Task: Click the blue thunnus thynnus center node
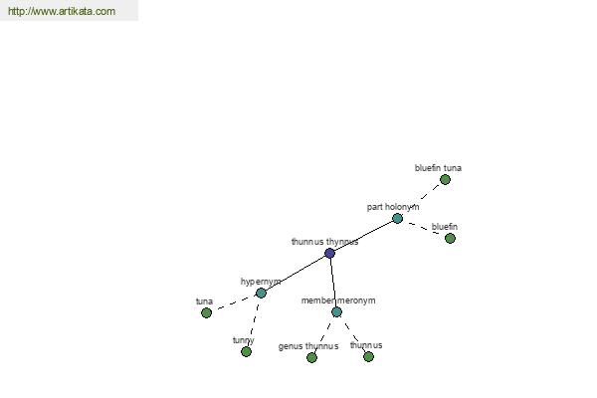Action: pyautogui.click(x=329, y=253)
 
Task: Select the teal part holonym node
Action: pyautogui.click(x=397, y=218)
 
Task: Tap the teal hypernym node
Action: pyautogui.click(x=261, y=293)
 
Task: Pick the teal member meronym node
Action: pyautogui.click(x=336, y=311)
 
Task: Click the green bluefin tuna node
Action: pyautogui.click(x=445, y=179)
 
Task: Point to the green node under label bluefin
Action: pyautogui.click(x=450, y=238)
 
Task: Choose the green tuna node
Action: pyautogui.click(x=206, y=312)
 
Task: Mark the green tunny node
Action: pyautogui.click(x=247, y=351)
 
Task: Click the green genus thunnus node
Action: pyautogui.click(x=311, y=357)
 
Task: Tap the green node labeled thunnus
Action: pyautogui.click(x=368, y=356)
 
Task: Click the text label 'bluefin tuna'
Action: pyautogui.click(x=438, y=168)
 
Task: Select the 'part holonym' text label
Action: pyautogui.click(x=393, y=207)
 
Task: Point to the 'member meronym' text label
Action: pyautogui.click(x=338, y=300)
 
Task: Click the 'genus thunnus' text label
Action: pyautogui.click(x=308, y=346)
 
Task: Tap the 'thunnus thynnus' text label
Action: pyautogui.click(x=324, y=242)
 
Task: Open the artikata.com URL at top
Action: pyautogui.click(x=62, y=11)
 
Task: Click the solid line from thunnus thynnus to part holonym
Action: pyautogui.click(x=363, y=236)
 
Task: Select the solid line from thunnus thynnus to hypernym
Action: pyautogui.click(x=296, y=273)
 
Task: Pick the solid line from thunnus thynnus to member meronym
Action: pyautogui.click(x=333, y=283)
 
